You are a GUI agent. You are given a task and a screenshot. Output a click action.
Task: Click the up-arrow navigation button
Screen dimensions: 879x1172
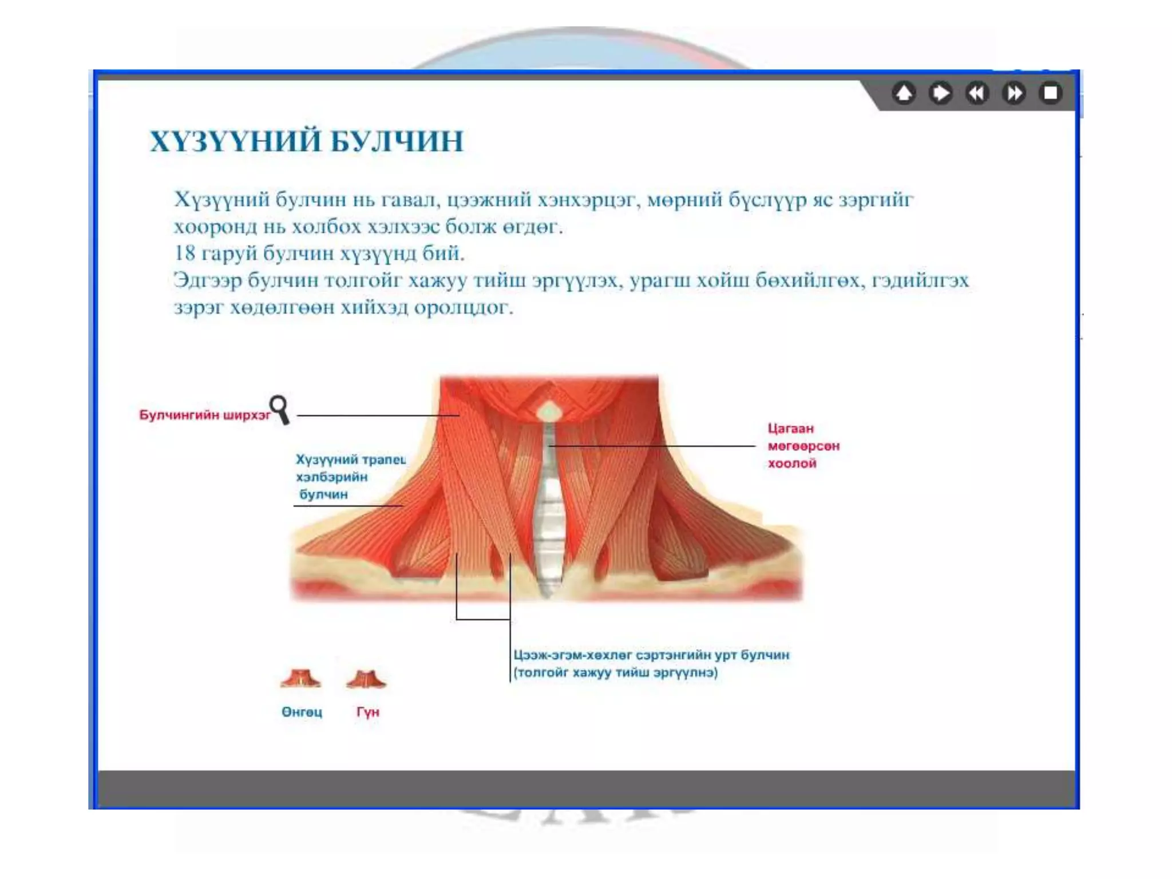pyautogui.click(x=904, y=93)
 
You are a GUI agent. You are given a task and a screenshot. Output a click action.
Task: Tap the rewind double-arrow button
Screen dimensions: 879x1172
pyautogui.click(x=977, y=93)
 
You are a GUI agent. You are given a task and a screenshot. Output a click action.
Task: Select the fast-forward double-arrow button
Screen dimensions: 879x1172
pyautogui.click(x=1014, y=93)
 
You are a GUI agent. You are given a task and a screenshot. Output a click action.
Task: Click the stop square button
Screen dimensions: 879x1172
pyautogui.click(x=1051, y=93)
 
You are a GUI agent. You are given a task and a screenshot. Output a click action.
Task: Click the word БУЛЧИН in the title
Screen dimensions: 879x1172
pyautogui.click(x=397, y=141)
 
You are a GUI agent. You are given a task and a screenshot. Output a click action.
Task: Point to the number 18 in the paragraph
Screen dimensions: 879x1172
pyautogui.click(x=184, y=253)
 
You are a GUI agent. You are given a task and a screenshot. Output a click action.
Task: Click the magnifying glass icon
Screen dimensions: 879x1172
pyautogui.click(x=280, y=409)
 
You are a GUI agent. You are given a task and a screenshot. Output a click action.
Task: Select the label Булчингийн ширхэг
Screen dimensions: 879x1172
pyautogui.click(x=204, y=415)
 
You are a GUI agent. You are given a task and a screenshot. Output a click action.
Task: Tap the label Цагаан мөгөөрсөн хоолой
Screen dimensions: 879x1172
pyautogui.click(x=803, y=446)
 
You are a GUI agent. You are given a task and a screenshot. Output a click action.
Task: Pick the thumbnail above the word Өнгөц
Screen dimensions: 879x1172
pyautogui.click(x=301, y=679)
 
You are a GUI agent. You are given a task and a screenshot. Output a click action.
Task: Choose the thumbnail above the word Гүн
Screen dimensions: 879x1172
pyautogui.click(x=366, y=679)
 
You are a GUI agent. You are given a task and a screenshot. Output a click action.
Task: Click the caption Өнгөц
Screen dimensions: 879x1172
pyautogui.click(x=302, y=712)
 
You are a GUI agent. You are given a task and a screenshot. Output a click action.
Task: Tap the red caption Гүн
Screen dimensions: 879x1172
pyautogui.click(x=367, y=712)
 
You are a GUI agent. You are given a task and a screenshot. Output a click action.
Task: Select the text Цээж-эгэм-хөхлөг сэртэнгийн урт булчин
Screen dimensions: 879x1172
pyautogui.click(x=651, y=655)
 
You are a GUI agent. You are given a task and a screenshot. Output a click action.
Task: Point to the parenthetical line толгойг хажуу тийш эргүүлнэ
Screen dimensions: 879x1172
pyautogui.click(x=616, y=672)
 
